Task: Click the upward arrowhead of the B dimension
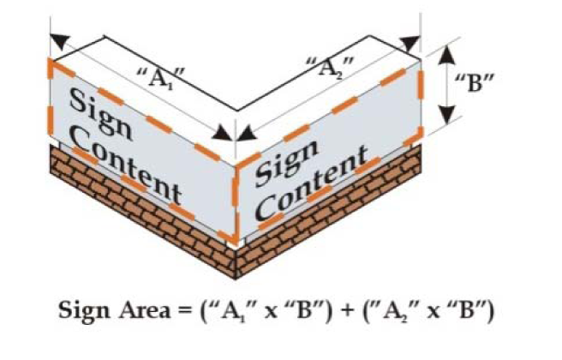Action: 446,53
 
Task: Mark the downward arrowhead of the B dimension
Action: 446,120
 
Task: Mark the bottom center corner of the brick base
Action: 236,276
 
